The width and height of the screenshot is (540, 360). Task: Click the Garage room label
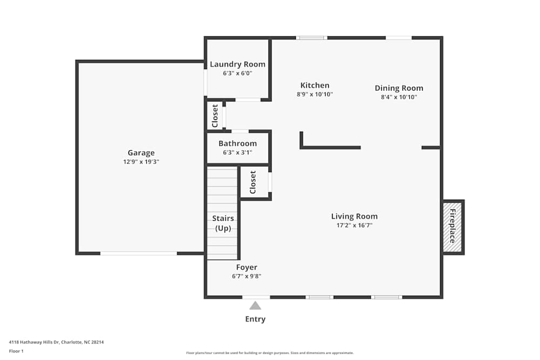pyautogui.click(x=141, y=153)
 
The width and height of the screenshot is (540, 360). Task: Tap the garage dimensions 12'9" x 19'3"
pyautogui.click(x=141, y=161)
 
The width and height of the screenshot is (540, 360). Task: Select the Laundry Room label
pyautogui.click(x=238, y=64)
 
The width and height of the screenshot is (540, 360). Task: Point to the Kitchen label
pyautogui.click(x=315, y=85)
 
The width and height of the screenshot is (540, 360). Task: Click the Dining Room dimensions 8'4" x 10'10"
pyautogui.click(x=399, y=97)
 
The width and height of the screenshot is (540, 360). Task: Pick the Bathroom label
pyautogui.click(x=238, y=144)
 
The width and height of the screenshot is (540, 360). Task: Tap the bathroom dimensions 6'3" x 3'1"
pyautogui.click(x=238, y=152)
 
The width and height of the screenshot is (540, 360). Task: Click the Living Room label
pyautogui.click(x=354, y=216)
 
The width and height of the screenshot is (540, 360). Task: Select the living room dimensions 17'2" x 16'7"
pyautogui.click(x=354, y=225)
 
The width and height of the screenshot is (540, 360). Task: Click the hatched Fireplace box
pyautogui.click(x=453, y=227)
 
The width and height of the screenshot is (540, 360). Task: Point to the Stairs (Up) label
pyautogui.click(x=223, y=223)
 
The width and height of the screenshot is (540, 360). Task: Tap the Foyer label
pyautogui.click(x=247, y=267)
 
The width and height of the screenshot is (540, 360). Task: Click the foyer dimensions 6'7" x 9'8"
pyautogui.click(x=247, y=276)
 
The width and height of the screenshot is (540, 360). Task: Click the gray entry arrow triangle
pyautogui.click(x=255, y=305)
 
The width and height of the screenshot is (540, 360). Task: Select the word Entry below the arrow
pyautogui.click(x=255, y=319)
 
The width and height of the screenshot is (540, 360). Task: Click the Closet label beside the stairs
pyautogui.click(x=253, y=182)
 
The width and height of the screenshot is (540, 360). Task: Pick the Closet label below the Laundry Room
pyautogui.click(x=215, y=116)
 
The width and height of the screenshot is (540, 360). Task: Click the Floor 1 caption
pyautogui.click(x=16, y=351)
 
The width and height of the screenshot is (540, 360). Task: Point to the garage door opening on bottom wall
pyautogui.click(x=139, y=253)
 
